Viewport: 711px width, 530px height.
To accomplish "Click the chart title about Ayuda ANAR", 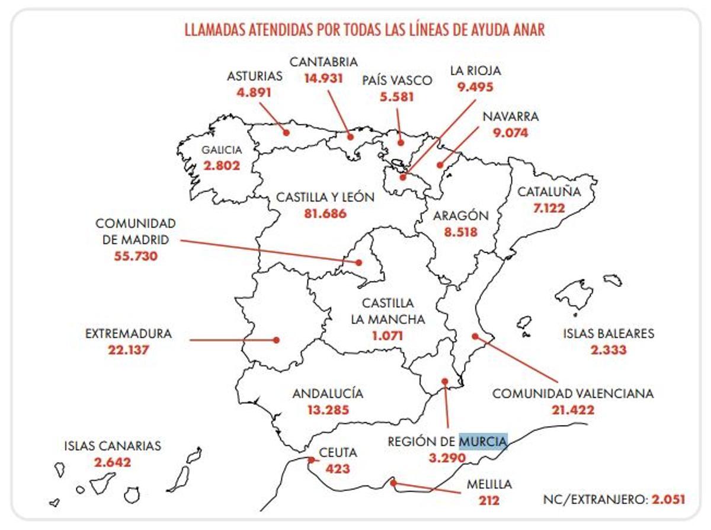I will [364, 30].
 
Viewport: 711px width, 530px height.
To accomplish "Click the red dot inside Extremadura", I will [276, 340].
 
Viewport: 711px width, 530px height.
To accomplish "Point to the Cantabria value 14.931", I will [323, 78].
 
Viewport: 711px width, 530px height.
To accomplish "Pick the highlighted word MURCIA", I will [483, 441].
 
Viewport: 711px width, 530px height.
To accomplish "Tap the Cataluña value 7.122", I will [549, 208].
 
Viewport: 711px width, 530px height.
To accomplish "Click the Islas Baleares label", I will [608, 333].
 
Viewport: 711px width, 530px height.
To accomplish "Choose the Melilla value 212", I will [489, 500].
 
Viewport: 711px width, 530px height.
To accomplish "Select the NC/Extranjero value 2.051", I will [668, 499].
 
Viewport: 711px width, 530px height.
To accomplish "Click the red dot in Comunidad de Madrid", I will [358, 262].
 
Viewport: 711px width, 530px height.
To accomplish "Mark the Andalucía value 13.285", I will [328, 409].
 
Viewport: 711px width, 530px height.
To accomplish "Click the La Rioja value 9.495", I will [475, 87].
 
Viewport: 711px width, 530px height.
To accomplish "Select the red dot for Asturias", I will [286, 132].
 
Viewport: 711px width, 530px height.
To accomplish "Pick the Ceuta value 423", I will [338, 469].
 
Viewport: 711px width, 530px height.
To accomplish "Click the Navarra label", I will [510, 117].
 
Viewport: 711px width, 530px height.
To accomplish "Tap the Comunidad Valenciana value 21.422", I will [573, 410].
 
